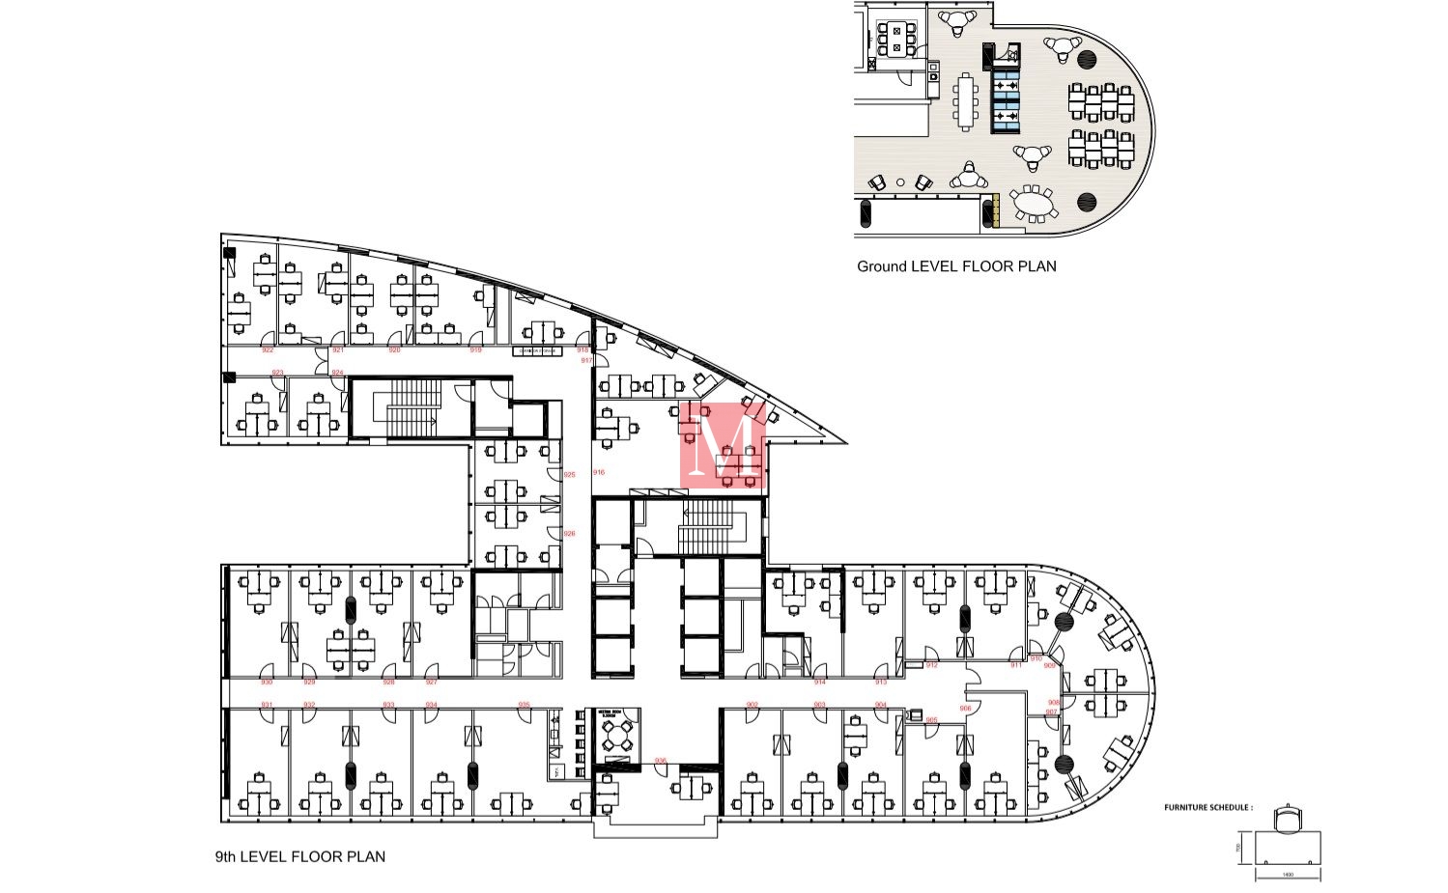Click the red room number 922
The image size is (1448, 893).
[268, 349]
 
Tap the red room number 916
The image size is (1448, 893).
[599, 473]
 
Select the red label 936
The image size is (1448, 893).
[661, 761]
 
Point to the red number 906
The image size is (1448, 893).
[965, 708]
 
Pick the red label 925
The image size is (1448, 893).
[569, 475]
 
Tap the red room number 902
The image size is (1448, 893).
[752, 705]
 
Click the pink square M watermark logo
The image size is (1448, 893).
[723, 445]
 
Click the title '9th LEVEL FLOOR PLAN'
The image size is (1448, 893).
[299, 856]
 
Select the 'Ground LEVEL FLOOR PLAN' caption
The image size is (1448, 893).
[956, 266]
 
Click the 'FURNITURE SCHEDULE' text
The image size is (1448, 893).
[1208, 807]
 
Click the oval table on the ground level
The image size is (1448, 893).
[1035, 205]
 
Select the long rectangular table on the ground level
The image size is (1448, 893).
[965, 100]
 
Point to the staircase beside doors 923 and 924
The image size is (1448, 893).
[412, 407]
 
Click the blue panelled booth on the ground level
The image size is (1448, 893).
[1007, 100]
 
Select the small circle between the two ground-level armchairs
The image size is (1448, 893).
[900, 182]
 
